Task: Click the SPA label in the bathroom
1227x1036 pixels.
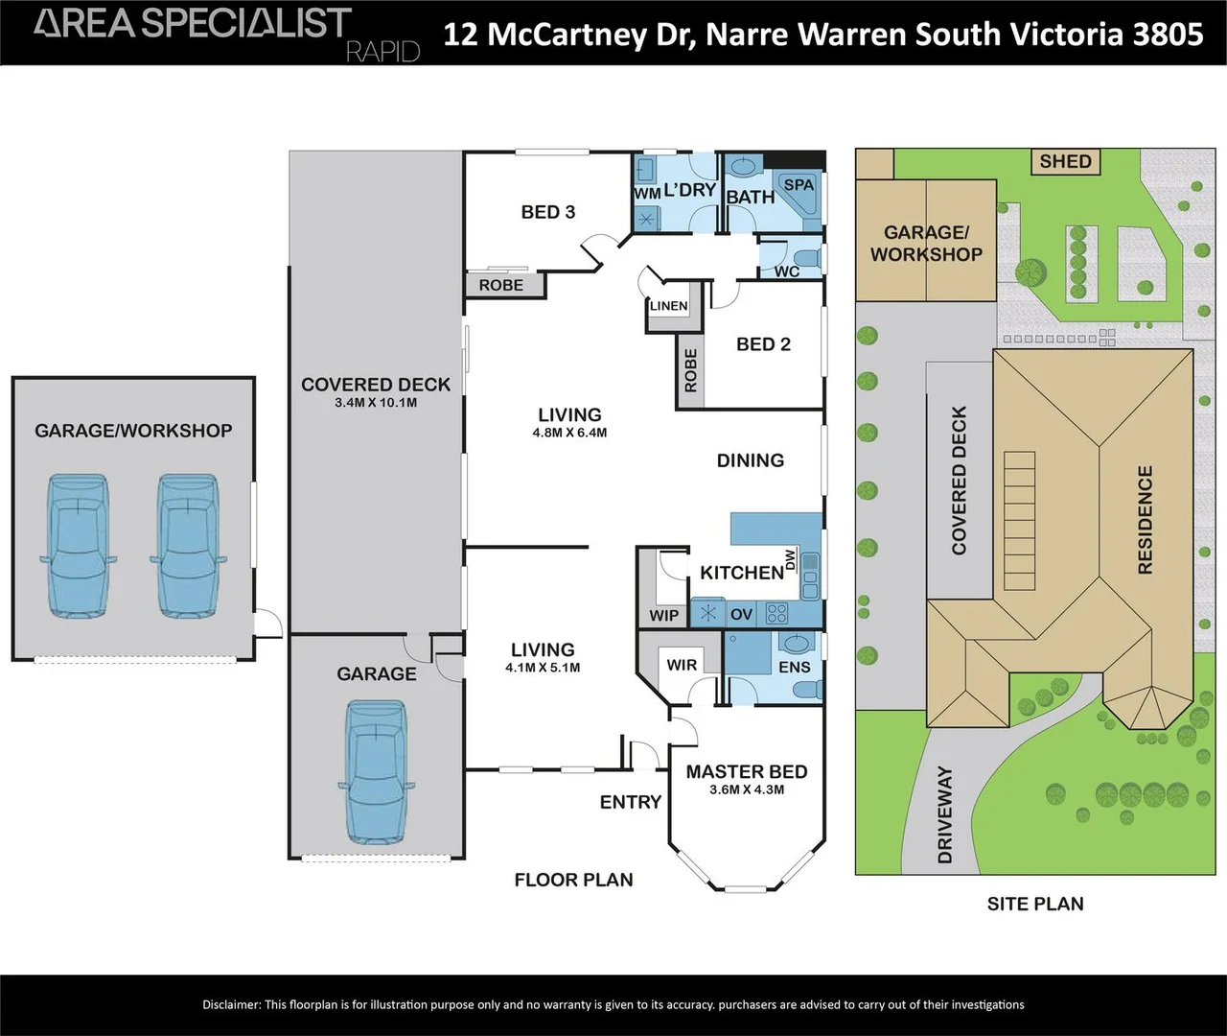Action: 799,184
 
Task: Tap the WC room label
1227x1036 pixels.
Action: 787,271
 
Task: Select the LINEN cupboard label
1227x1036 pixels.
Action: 668,306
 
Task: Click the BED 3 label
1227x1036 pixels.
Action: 548,212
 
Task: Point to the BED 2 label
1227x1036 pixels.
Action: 763,344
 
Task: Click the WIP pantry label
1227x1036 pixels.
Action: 663,616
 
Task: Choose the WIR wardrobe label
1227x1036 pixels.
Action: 682,665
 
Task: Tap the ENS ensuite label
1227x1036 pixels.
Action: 794,667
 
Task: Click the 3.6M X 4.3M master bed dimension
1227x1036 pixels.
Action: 747,789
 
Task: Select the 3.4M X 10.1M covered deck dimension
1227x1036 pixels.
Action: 376,403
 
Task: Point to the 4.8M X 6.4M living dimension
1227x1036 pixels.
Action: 569,433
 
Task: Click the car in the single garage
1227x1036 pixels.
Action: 376,772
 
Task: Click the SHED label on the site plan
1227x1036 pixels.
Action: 1065,161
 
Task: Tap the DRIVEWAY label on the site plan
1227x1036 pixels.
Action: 945,814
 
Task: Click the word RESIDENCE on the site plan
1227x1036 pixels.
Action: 1145,520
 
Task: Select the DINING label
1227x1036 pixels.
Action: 750,460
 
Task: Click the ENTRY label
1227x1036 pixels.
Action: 630,802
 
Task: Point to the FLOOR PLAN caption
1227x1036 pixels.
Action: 573,880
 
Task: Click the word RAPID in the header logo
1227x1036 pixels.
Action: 382,52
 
